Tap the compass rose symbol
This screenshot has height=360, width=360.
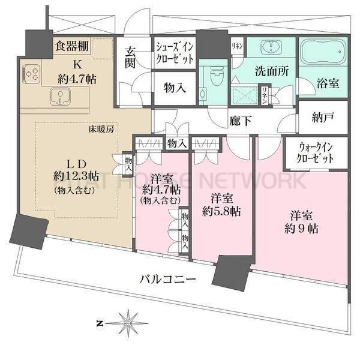pos(128,322)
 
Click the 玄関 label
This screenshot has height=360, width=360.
pos(131,58)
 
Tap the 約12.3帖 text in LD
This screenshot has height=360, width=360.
pos(76,176)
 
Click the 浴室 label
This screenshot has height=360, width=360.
pos(328,84)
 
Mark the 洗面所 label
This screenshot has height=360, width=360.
pos(273,70)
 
